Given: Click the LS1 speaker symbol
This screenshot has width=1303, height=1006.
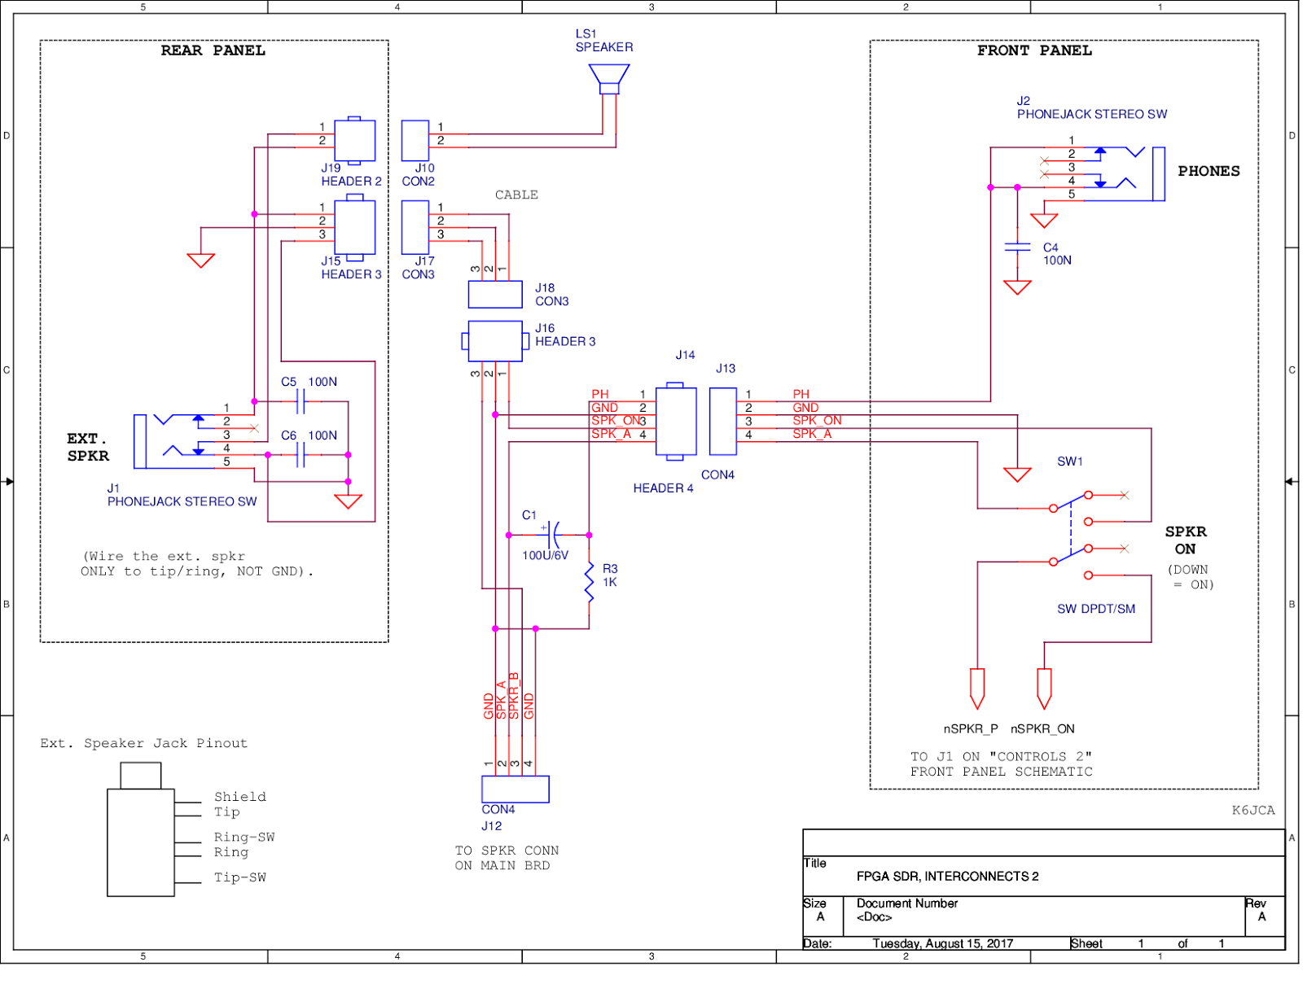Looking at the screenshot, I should [609, 79].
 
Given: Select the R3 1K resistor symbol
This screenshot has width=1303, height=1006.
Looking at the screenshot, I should [589, 582].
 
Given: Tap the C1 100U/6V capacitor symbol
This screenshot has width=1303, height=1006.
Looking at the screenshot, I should [553, 535].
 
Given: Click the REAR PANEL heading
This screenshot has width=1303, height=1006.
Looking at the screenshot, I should [213, 50].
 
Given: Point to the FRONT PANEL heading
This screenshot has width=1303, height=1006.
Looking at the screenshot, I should [1034, 50].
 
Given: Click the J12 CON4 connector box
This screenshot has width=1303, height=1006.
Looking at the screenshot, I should [515, 789].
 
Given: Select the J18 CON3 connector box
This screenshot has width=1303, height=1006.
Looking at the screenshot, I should [495, 294].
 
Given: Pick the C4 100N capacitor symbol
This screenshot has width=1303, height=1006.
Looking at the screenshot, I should [1017, 247].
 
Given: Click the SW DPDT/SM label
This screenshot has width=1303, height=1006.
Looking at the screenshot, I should [1095, 609].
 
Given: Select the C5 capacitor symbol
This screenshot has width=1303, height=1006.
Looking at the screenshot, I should [300, 401].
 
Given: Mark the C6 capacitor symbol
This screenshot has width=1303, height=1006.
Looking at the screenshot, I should [300, 455].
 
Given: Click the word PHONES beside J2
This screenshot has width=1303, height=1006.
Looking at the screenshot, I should [1209, 171].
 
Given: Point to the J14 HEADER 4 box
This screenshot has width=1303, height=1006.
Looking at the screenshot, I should [676, 422].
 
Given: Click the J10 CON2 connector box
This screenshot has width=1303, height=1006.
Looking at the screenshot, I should [415, 141].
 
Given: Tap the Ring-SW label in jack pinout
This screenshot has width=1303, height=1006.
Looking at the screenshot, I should [244, 837].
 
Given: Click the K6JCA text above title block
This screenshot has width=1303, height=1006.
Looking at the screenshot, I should [1253, 810].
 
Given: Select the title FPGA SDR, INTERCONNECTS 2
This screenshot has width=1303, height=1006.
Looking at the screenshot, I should [947, 876].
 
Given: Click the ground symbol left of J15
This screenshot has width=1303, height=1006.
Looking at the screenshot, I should [200, 260].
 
